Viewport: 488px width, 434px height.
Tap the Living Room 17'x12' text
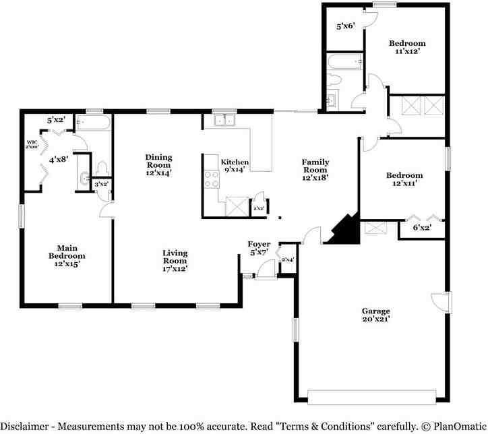point(175,261)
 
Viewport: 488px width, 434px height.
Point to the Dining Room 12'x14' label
point(159,164)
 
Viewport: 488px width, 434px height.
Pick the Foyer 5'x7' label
point(259,248)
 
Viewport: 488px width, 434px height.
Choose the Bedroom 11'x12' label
point(407,48)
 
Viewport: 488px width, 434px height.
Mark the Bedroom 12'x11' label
point(404,180)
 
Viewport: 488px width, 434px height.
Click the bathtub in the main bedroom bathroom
point(93,123)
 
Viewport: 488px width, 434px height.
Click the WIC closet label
point(32,144)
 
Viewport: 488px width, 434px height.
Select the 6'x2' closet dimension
point(422,228)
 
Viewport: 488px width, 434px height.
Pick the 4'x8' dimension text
point(58,160)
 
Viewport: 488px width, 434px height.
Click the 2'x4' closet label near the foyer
point(287,259)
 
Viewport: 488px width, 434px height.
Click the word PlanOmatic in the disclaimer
point(455,426)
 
